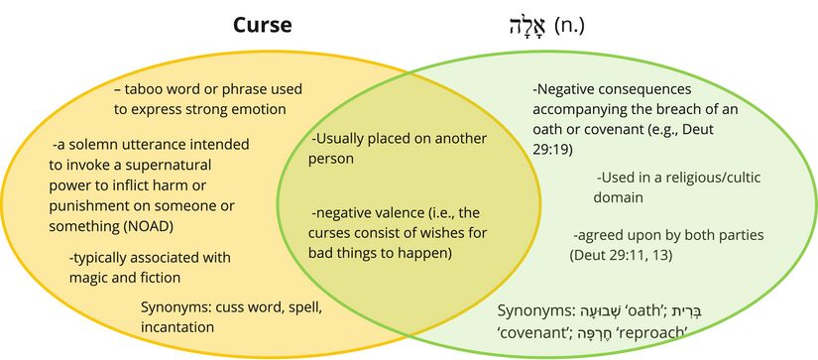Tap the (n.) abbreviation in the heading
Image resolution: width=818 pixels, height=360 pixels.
(x=568, y=26)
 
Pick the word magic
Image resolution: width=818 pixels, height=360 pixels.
(x=91, y=278)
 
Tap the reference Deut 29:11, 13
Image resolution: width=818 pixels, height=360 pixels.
(x=621, y=255)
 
